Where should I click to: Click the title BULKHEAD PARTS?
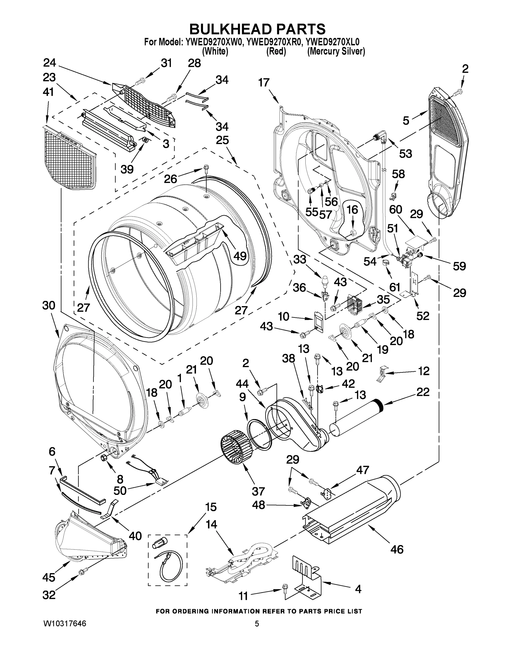click(257, 30)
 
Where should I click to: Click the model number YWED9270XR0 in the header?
click(274, 42)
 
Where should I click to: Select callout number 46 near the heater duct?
click(397, 549)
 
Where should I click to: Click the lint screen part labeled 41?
click(70, 158)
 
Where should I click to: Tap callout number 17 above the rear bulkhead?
click(264, 82)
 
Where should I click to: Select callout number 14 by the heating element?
click(211, 524)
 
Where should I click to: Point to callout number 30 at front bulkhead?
click(49, 306)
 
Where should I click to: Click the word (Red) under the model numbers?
click(276, 52)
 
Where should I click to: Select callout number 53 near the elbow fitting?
click(405, 154)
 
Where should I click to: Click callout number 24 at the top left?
click(50, 63)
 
